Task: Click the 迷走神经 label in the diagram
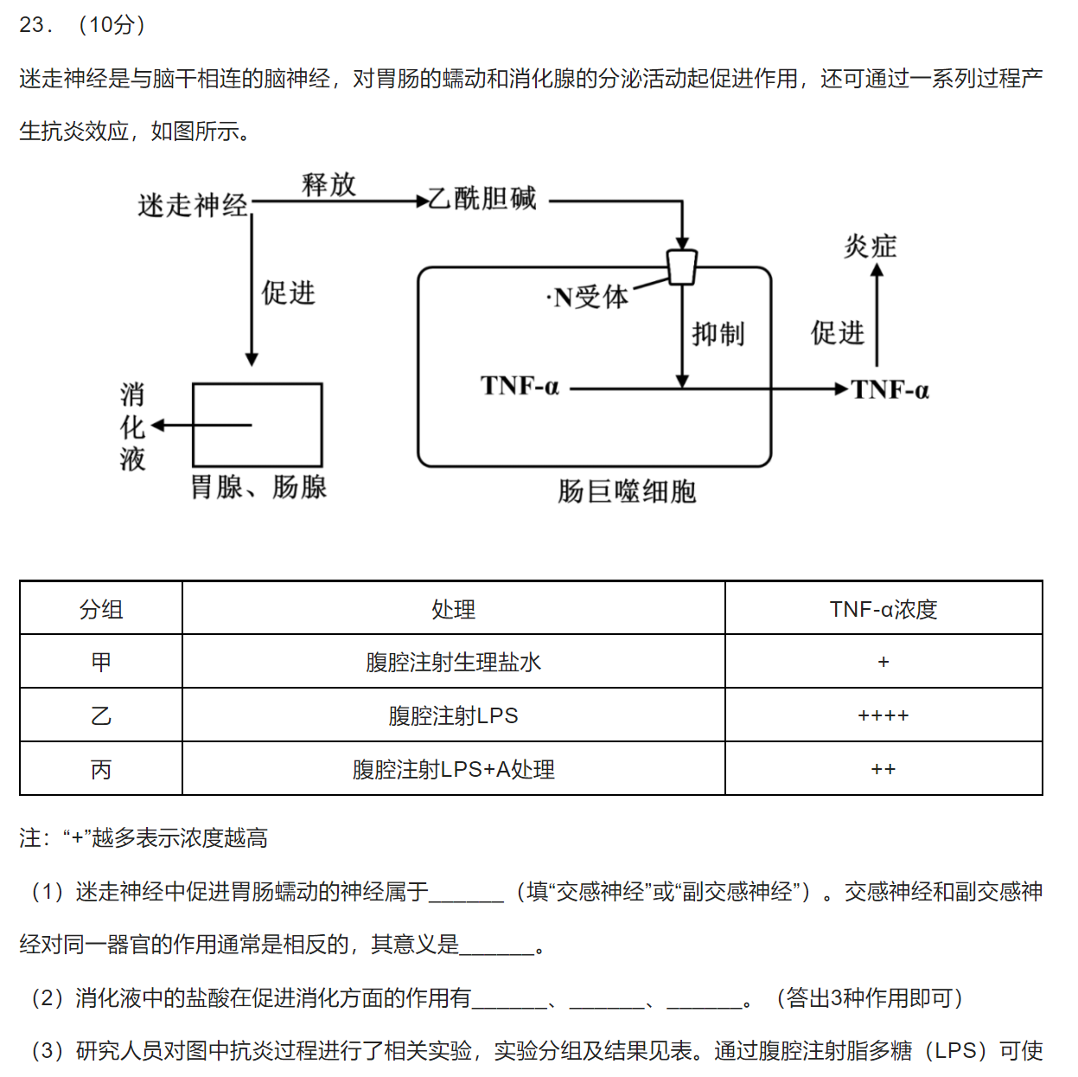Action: click(192, 205)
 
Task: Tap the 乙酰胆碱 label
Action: click(482, 199)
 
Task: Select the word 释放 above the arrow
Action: click(329, 184)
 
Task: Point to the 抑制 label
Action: click(718, 334)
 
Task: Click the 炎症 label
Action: click(871, 247)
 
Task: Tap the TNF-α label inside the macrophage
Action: click(520, 386)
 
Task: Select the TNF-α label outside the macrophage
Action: click(890, 390)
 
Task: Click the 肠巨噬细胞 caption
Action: click(627, 491)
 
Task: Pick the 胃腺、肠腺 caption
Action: click(258, 487)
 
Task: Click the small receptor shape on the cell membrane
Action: click(682, 267)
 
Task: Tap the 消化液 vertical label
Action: click(132, 426)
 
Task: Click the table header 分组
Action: click(101, 609)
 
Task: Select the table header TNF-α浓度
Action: click(883, 609)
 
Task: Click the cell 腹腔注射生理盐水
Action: click(453, 663)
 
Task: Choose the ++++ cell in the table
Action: click(883, 716)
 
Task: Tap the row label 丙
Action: click(101, 770)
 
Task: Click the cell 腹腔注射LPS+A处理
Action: click(453, 770)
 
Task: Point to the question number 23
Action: click(35, 25)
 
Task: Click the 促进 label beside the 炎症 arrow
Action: click(837, 333)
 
